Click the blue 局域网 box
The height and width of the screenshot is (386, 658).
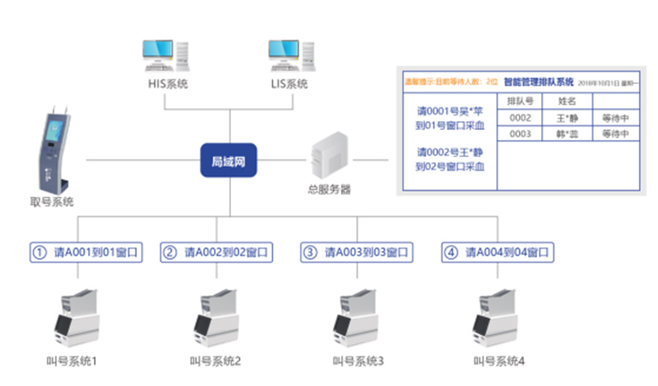point(229,160)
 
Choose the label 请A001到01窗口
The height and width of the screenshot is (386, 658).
point(87,252)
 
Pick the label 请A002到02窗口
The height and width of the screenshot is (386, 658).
point(215,252)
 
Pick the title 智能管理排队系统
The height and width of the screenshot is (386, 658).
point(538,82)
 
